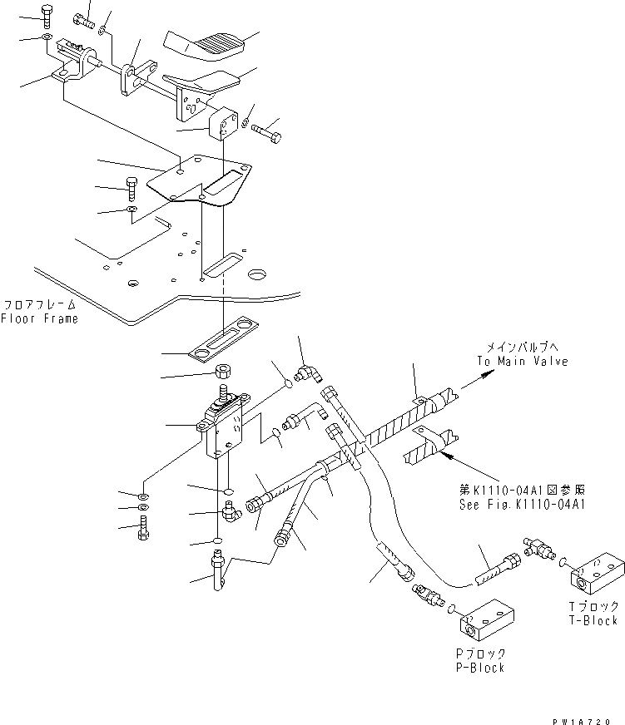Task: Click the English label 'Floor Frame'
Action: (x=39, y=318)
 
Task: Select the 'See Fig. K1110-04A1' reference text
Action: (x=521, y=505)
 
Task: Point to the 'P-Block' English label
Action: (x=479, y=668)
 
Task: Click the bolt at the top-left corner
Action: (x=47, y=14)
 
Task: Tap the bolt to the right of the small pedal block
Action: (x=267, y=130)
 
